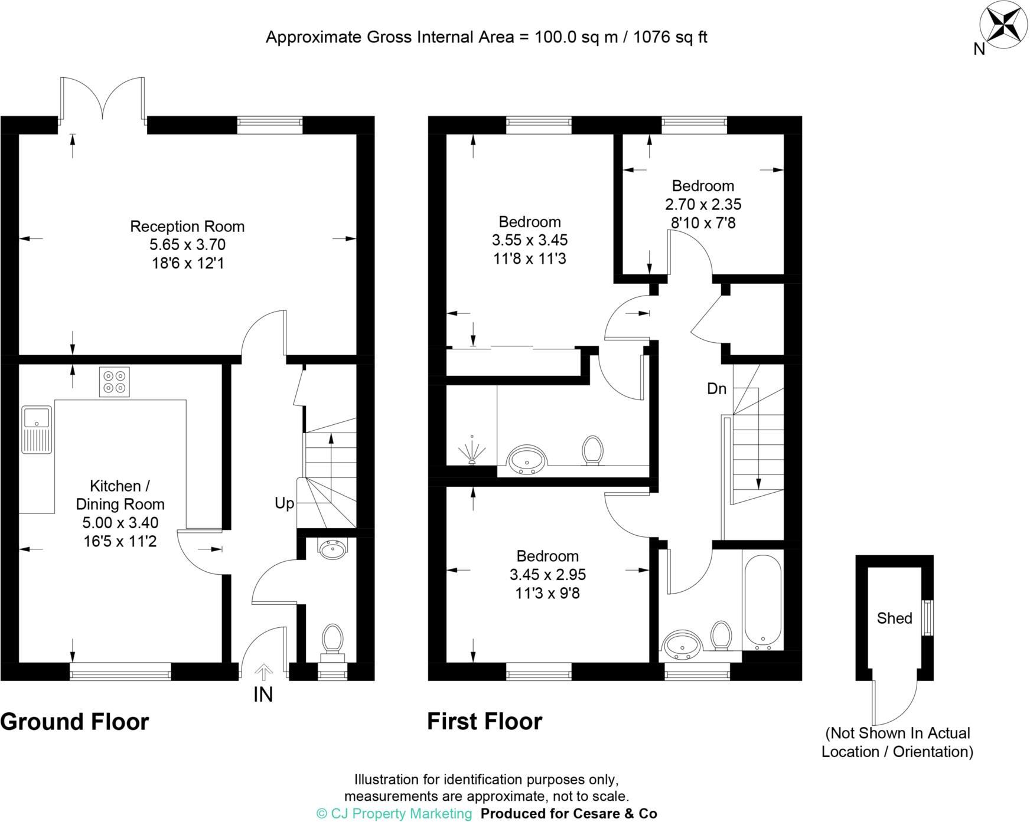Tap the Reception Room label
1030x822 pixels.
(187, 226)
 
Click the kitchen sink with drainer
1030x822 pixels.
(37, 430)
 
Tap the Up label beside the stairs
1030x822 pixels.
(284, 503)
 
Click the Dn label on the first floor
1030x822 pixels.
(716, 389)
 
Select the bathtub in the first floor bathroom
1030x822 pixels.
(763, 599)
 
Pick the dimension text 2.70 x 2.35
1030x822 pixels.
(703, 204)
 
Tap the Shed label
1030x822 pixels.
(894, 618)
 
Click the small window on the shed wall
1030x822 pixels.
(928, 618)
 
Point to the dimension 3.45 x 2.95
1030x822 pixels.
(547, 574)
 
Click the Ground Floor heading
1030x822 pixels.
(74, 722)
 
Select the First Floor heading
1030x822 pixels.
(484, 722)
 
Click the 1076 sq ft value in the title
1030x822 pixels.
(670, 37)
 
